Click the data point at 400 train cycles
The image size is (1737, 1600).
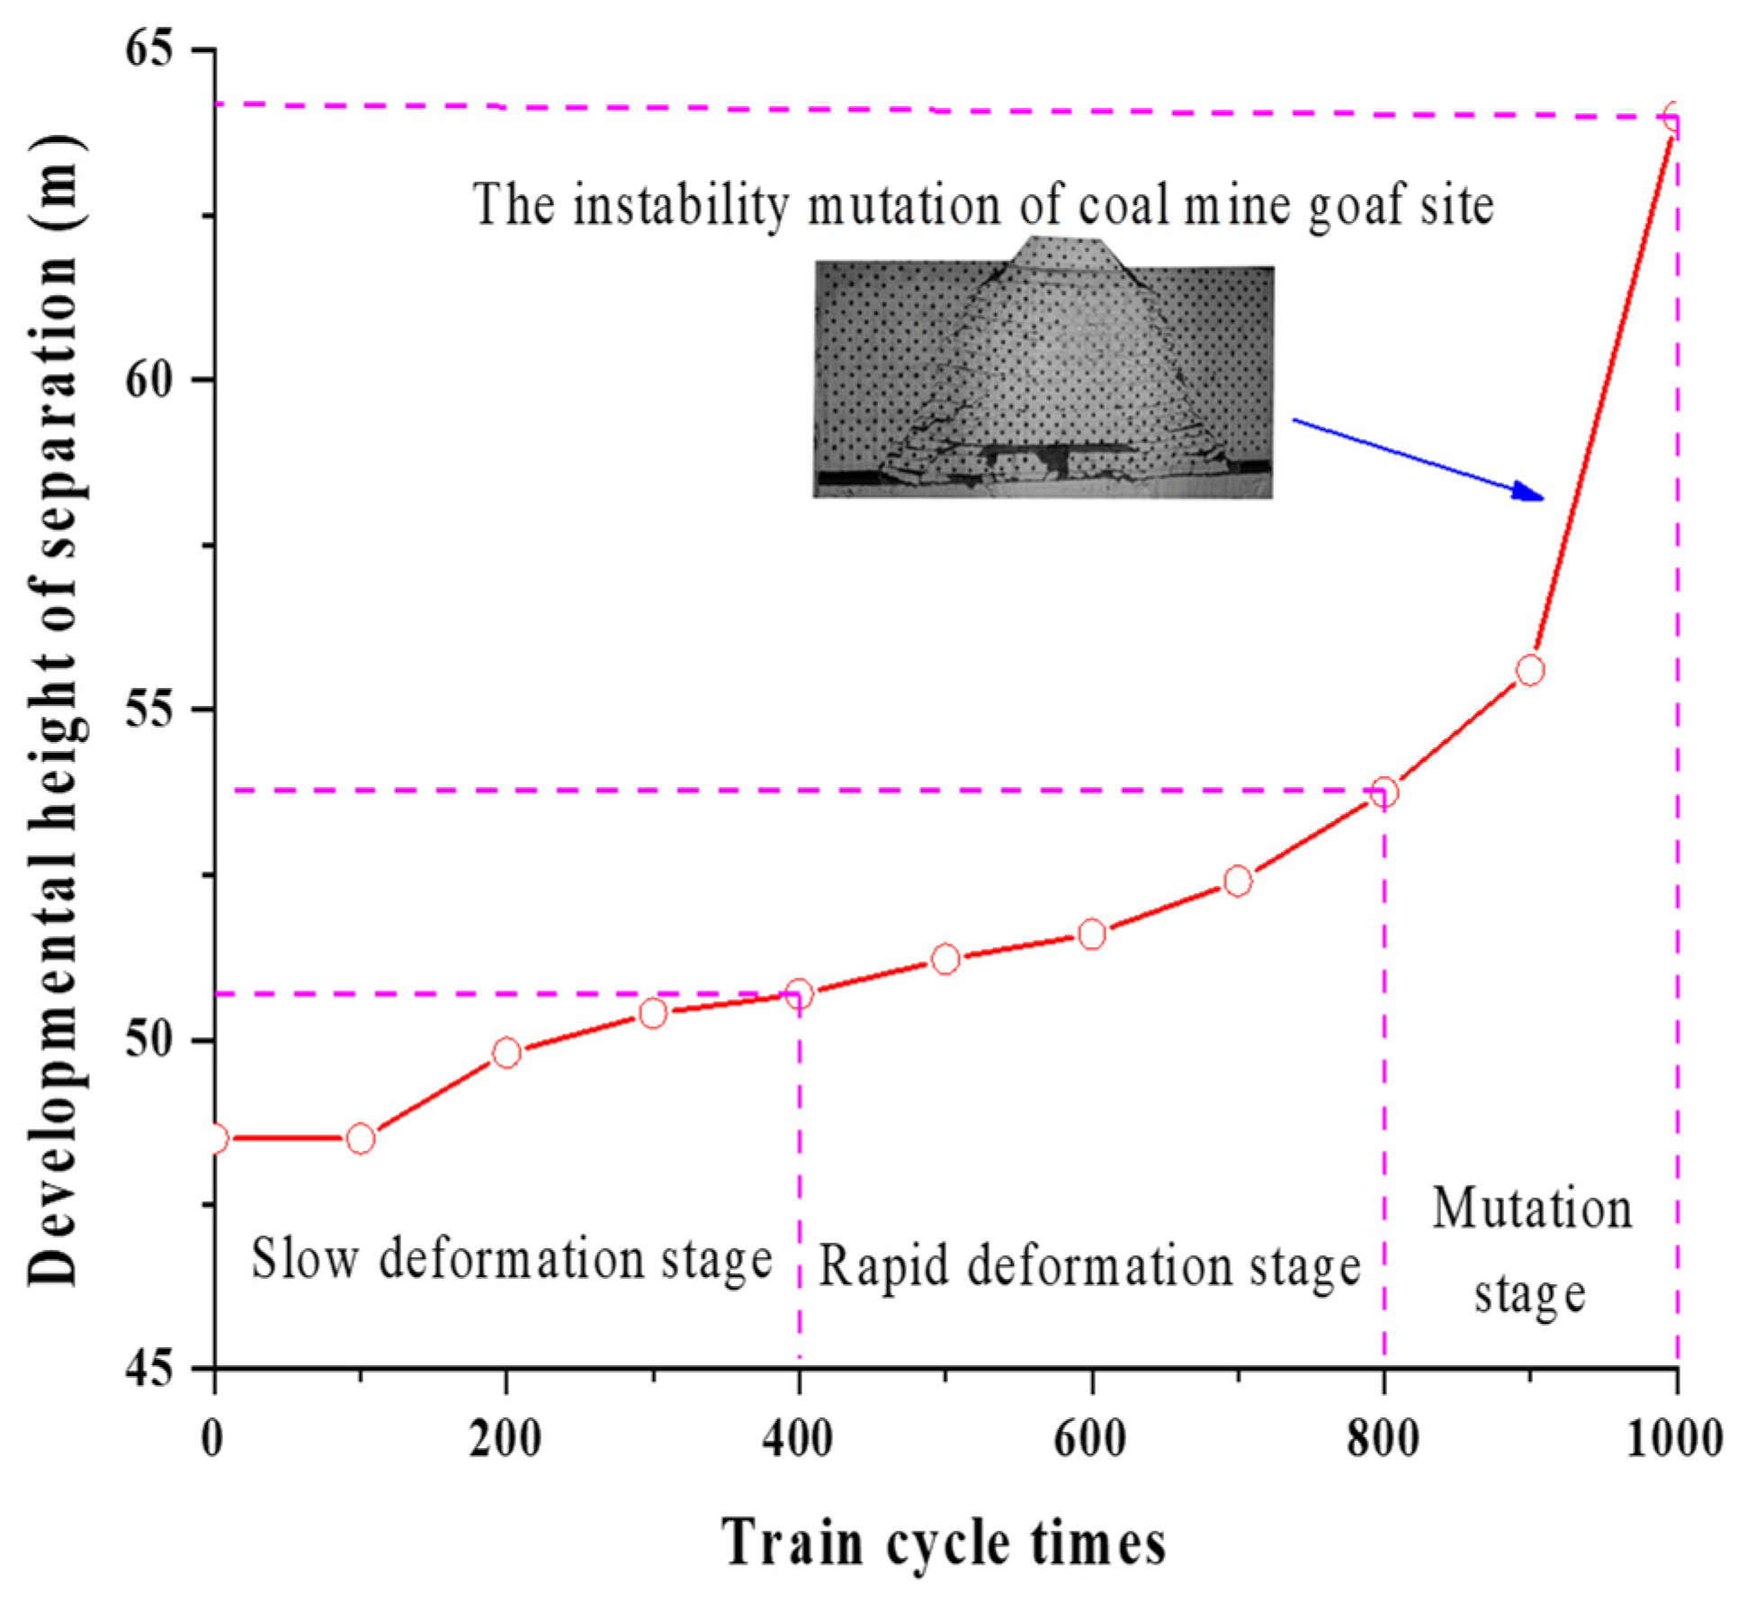798,994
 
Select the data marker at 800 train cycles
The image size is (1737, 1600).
1383,792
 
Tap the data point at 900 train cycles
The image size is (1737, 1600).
1529,670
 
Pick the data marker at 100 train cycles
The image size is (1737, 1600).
360,1139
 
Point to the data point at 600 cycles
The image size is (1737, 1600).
1091,934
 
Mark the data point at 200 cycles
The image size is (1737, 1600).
506,1052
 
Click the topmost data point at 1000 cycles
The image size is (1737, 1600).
1673,118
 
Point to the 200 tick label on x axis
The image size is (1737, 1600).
505,1438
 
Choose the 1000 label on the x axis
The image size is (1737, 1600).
1674,1438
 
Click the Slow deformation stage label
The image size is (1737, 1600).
511,1259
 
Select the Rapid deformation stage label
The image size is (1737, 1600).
1088,1266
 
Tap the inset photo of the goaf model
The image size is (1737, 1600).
1043,378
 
